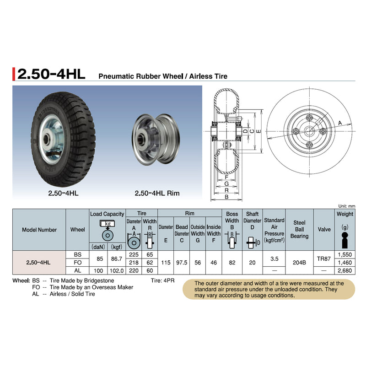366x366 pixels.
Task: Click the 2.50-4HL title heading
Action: [x=49, y=74]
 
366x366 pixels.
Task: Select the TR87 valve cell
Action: [x=324, y=258]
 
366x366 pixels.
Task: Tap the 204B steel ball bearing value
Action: [x=299, y=258]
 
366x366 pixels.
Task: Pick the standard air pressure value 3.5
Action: [x=274, y=258]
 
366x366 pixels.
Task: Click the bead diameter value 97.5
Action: [x=182, y=263]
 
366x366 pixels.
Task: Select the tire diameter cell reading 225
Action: [x=134, y=255]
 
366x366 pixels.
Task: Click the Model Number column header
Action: [x=39, y=230]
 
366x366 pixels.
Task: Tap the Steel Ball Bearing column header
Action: [x=299, y=230]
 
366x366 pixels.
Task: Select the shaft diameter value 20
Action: [x=252, y=263]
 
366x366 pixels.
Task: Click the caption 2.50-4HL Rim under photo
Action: [x=157, y=193]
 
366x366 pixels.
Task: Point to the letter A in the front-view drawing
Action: [x=340, y=123]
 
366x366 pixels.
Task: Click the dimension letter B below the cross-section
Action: [x=226, y=198]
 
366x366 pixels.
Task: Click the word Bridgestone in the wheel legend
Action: [x=98, y=280]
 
